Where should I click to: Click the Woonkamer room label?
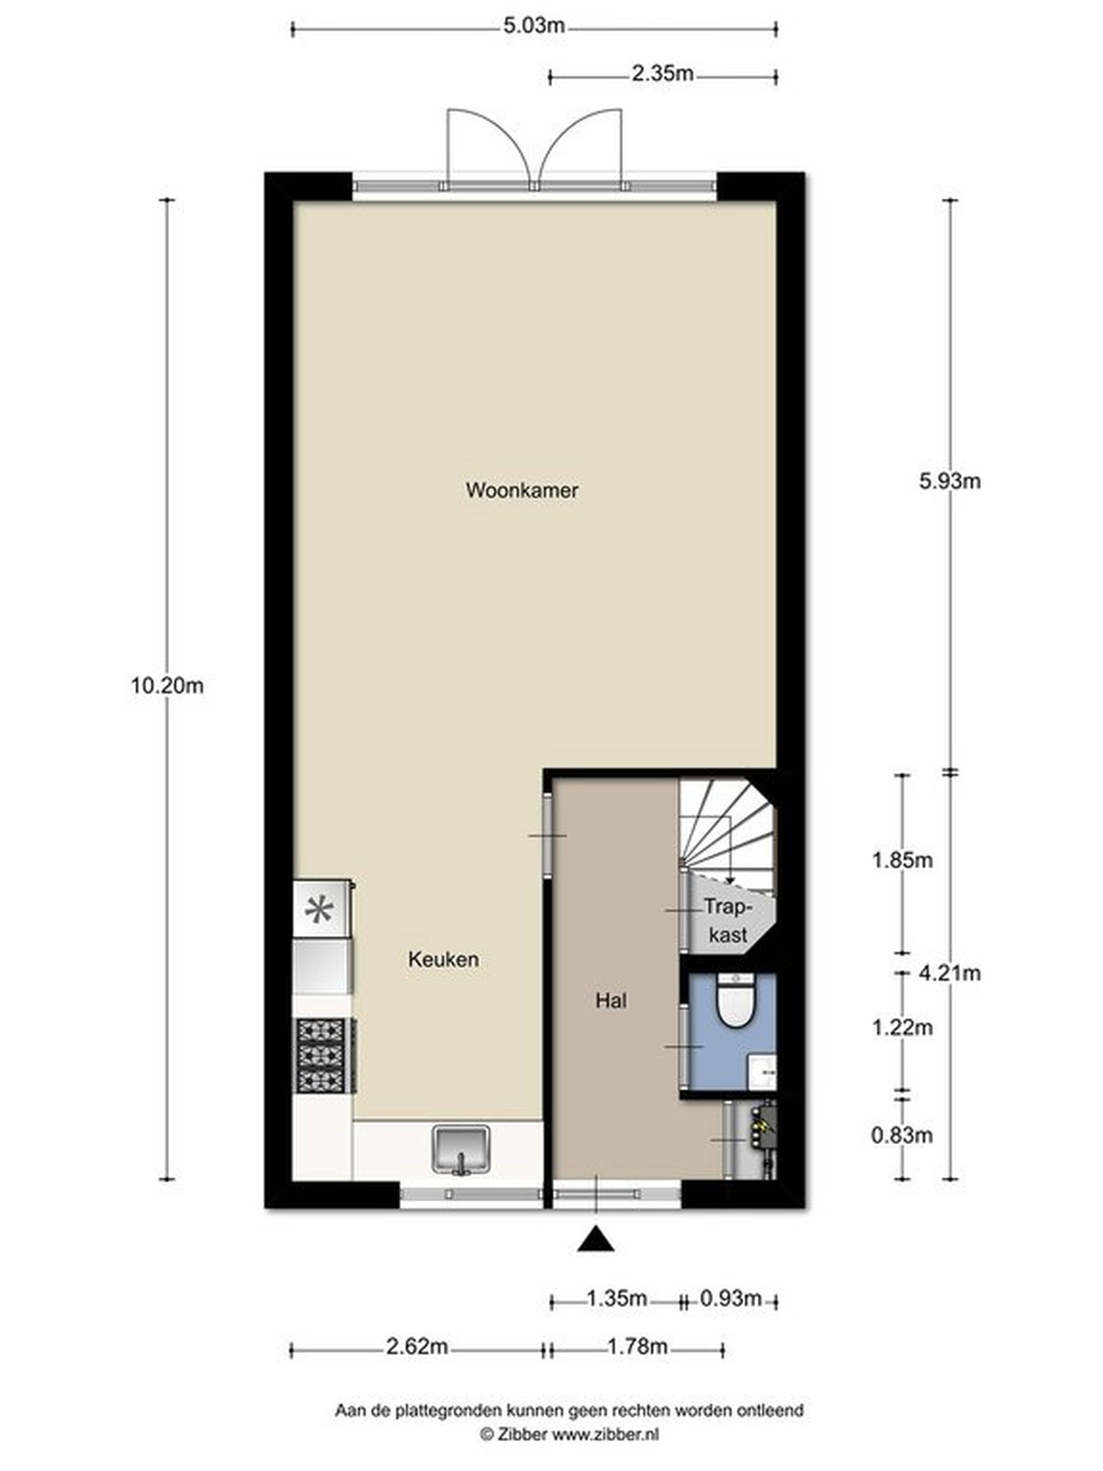coord(522,491)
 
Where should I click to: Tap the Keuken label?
coord(443,960)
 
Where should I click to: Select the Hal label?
coord(611,1001)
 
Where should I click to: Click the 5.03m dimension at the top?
coord(534,26)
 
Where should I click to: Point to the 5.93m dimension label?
coord(949,481)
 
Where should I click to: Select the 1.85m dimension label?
coord(902,860)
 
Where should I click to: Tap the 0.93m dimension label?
coord(731,1298)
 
